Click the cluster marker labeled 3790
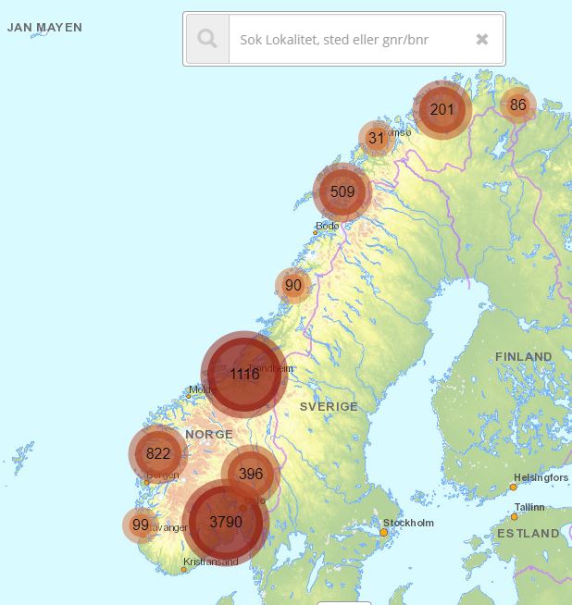[225, 522]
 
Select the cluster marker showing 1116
[244, 374]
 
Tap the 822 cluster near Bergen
[158, 453]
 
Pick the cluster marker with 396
[251, 474]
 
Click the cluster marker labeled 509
[342, 191]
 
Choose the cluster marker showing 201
[442, 110]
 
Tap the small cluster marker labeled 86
[517, 105]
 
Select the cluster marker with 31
[376, 138]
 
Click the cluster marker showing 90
[293, 285]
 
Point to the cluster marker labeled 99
[141, 525]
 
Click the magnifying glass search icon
[207, 39]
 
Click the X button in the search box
[482, 39]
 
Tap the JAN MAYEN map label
[44, 28]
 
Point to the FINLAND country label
[523, 356]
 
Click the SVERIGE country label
[329, 406]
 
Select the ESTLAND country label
[528, 534]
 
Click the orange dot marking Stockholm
[384, 532]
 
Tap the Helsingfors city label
[541, 477]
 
